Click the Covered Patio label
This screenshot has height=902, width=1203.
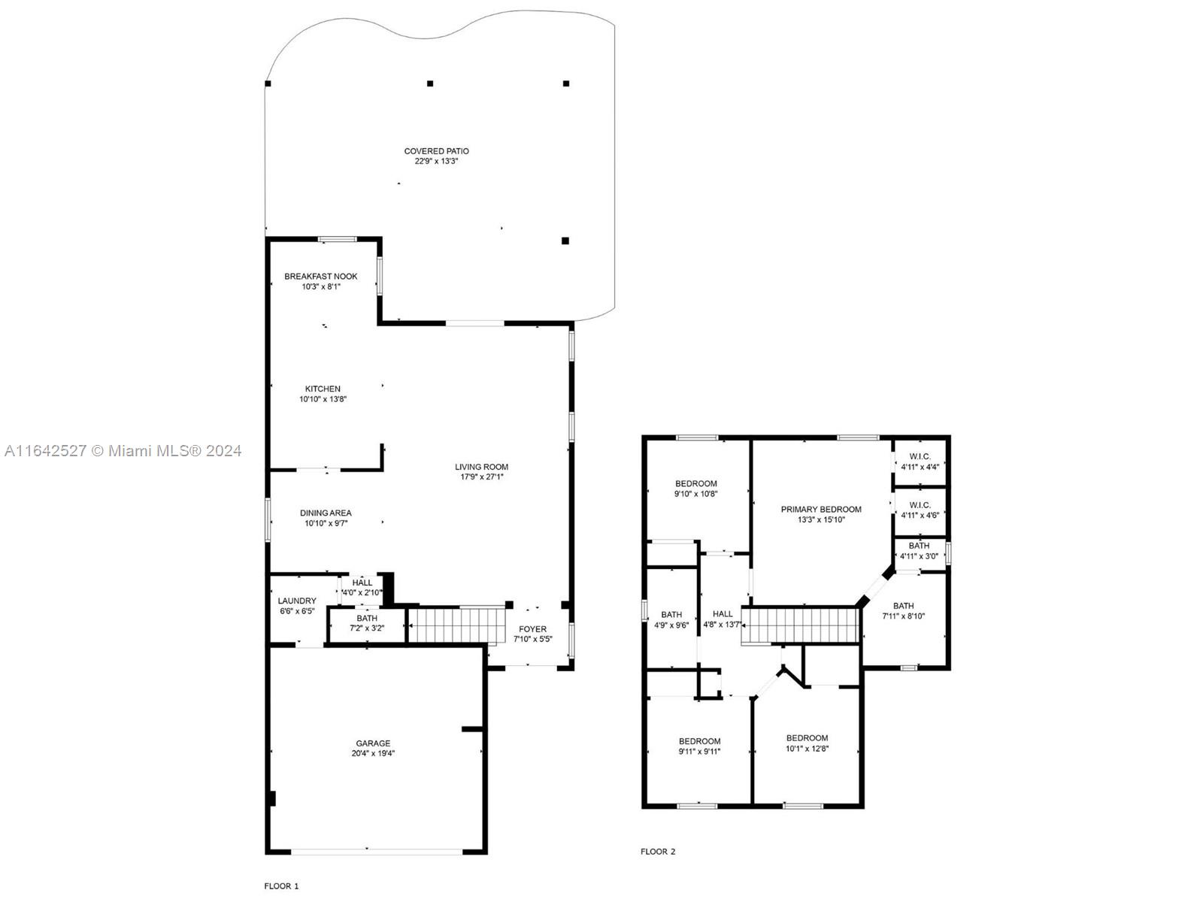pos(436,151)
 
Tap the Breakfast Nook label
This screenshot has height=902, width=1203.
pos(320,277)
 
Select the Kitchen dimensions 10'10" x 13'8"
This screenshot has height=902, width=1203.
pos(323,399)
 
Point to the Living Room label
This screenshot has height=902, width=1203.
pos(481,467)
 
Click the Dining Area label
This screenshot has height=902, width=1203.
pos(326,513)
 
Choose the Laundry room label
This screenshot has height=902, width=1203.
pos(296,601)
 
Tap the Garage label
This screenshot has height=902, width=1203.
pos(373,743)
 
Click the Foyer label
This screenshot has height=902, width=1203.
pos(532,629)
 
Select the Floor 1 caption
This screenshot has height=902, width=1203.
pos(281,885)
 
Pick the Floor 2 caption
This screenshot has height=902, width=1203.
pos(658,851)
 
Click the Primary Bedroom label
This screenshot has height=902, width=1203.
pos(821,510)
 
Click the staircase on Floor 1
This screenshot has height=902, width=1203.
pos(457,625)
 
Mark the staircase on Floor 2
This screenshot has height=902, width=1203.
pos(800,625)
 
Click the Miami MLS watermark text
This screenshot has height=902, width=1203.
pos(123,451)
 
